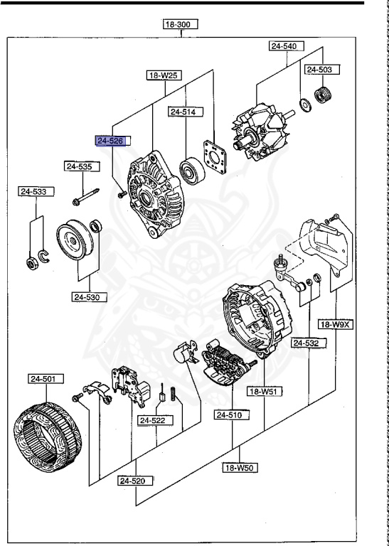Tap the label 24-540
click(286, 46)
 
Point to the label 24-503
click(322, 70)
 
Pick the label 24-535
click(79, 166)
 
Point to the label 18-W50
click(240, 467)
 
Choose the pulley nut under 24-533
click(31, 264)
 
